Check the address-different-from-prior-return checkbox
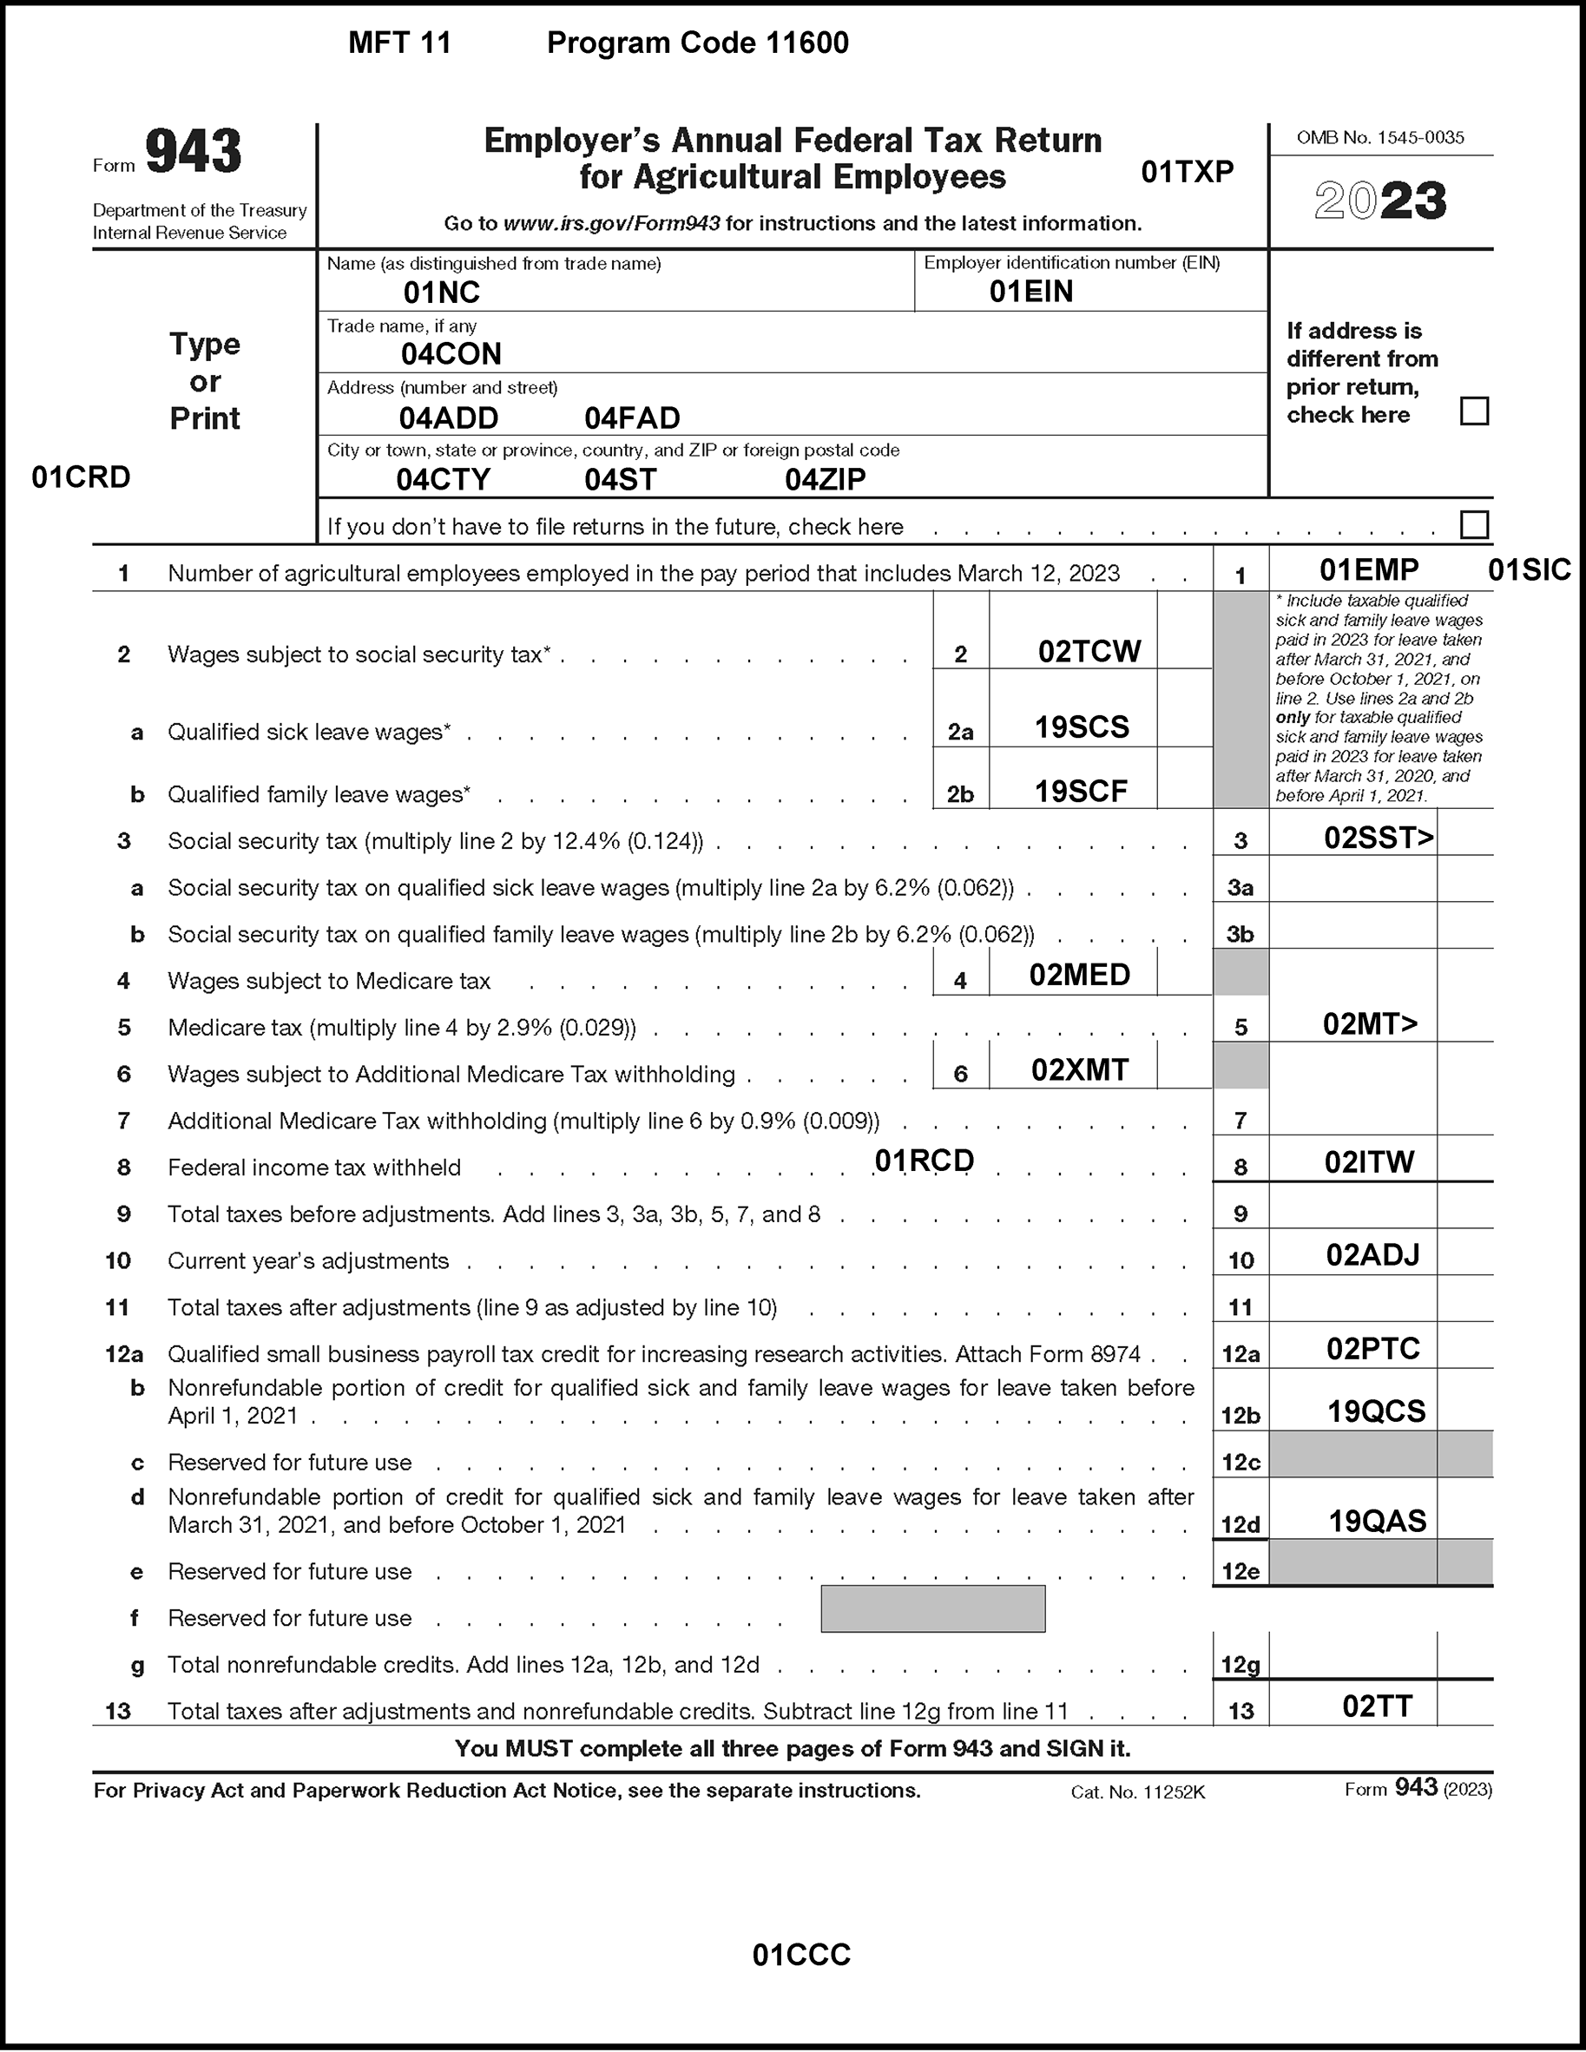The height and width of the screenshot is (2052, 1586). pos(1474,411)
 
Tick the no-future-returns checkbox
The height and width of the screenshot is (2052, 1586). pos(1474,524)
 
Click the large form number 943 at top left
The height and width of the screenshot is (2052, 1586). pos(194,152)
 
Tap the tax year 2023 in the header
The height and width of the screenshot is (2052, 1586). pos(1380,201)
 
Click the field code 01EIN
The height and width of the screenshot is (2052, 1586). pos(1030,293)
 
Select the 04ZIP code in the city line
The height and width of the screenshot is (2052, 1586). pos(825,479)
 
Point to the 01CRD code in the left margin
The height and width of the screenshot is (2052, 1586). pos(81,477)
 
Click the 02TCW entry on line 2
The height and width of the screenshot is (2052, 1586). pos(1089,651)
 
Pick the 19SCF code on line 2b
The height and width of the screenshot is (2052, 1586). pos(1081,791)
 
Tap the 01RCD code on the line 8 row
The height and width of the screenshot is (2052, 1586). pos(925,1161)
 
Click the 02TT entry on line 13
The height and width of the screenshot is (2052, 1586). pos(1378,1707)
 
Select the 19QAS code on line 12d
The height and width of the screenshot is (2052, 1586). pos(1378,1520)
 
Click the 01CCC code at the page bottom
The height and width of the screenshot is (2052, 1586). pos(801,1956)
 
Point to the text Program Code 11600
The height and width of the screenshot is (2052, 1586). pos(697,43)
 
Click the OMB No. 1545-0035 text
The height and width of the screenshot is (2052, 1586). pos(1380,138)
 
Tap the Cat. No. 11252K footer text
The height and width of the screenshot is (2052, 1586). pos(1137,1792)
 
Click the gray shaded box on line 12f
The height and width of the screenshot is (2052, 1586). pos(932,1608)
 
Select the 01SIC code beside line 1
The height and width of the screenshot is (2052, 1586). pos(1530,570)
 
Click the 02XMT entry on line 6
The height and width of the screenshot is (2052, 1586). pos(1080,1069)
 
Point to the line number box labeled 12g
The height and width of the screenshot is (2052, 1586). pos(1241,1665)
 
